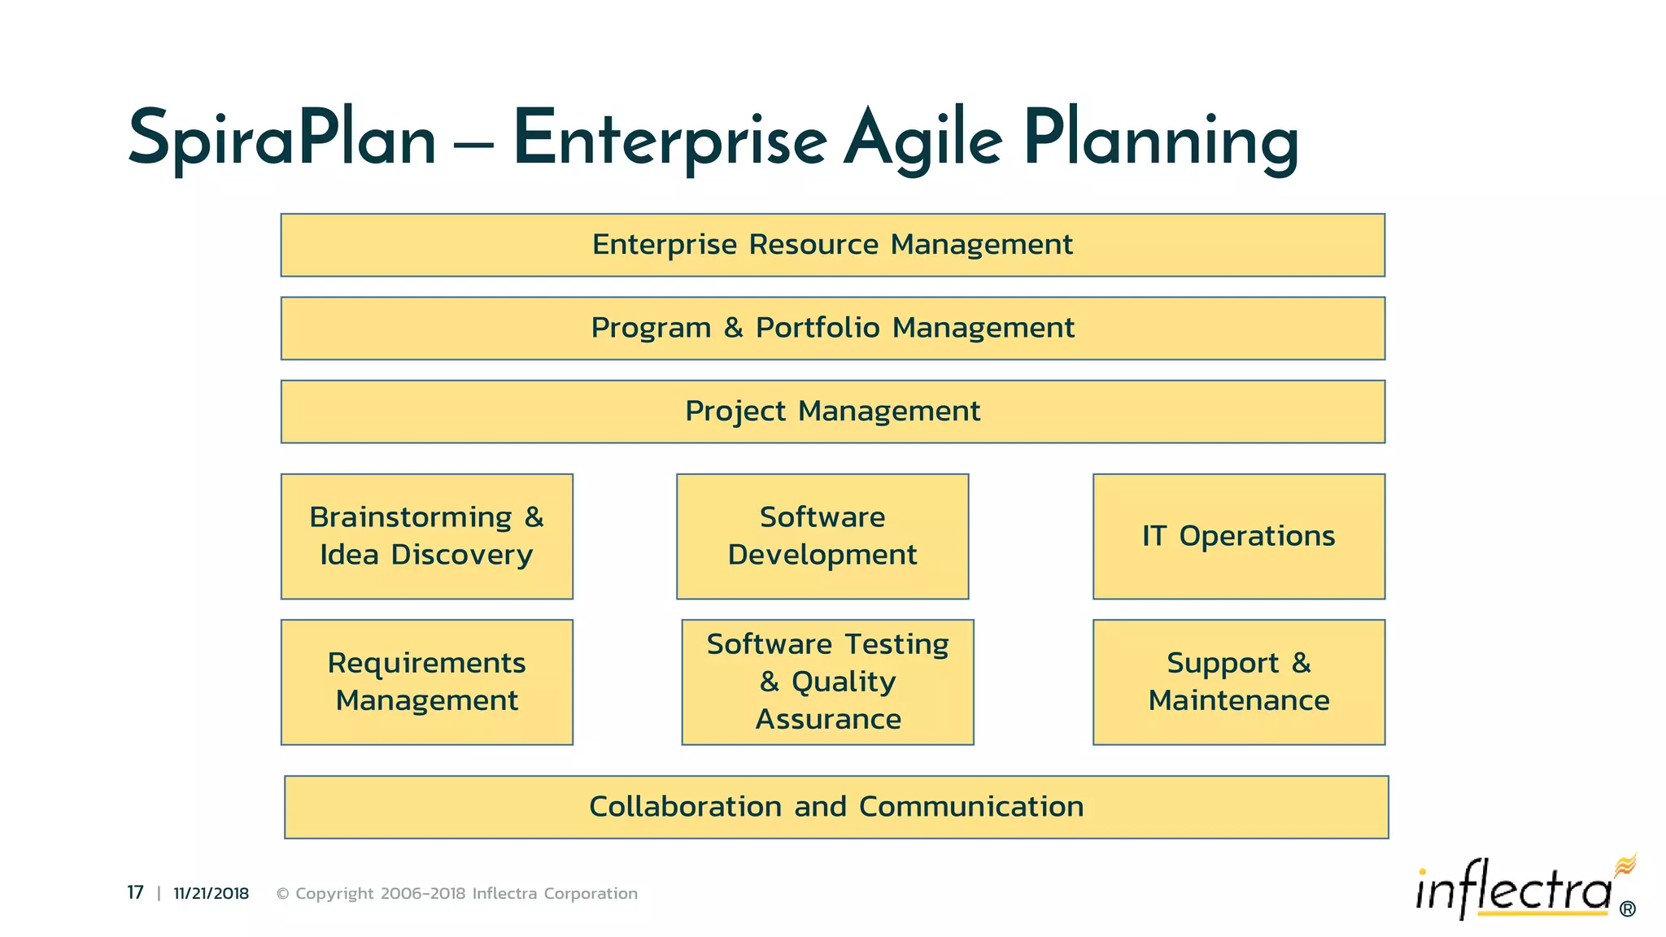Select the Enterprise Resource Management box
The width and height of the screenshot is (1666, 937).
[x=832, y=245]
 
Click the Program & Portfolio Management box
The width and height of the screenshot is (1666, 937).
[x=832, y=329]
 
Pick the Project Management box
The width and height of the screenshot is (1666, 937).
[x=832, y=412]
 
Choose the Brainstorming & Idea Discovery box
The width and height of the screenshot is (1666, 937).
[x=426, y=536]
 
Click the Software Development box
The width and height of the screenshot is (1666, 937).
[x=822, y=536]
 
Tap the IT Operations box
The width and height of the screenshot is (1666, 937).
[x=1238, y=536]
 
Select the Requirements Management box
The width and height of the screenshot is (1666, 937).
[x=426, y=682]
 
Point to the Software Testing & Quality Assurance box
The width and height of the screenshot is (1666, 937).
[x=827, y=682]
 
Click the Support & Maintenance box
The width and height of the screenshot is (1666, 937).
[x=1238, y=682]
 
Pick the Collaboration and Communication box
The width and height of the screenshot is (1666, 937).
[x=835, y=807]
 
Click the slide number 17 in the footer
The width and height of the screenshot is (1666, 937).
[x=135, y=893]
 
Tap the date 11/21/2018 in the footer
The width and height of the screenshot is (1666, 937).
[x=211, y=893]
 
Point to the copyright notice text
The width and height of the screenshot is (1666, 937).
[x=456, y=893]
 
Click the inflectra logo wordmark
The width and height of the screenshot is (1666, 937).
[x=1513, y=891]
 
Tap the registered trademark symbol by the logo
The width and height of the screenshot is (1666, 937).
[x=1627, y=909]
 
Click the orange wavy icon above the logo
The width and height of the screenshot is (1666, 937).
[x=1625, y=865]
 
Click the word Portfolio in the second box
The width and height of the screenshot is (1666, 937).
[x=818, y=328]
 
